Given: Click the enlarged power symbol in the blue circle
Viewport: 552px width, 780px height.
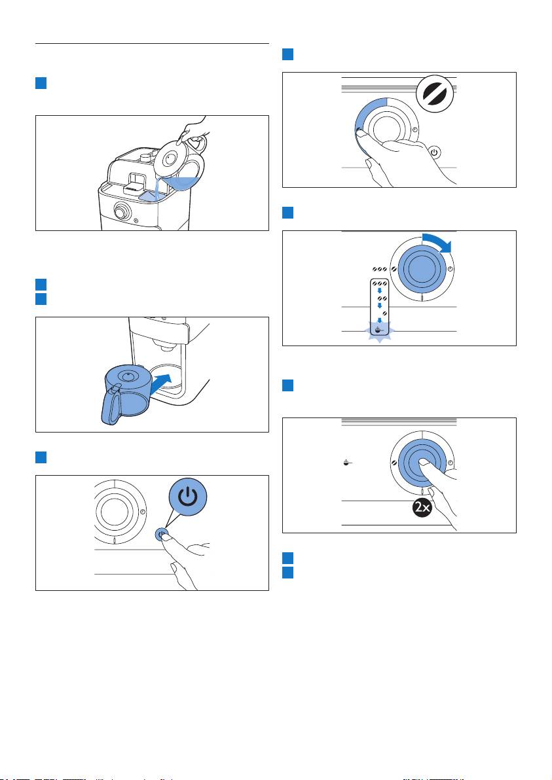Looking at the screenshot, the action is point(188,497).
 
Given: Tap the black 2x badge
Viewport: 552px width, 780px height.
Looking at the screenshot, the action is point(422,507).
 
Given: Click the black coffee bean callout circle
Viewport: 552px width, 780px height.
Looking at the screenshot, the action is point(435,94).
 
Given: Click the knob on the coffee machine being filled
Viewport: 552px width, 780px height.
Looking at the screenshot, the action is point(121,212).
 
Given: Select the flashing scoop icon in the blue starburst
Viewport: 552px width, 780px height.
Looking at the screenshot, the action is point(380,330).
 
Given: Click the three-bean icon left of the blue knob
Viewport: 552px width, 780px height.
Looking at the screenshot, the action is point(379,269).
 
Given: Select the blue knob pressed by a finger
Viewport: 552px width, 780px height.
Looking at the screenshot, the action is point(422,462).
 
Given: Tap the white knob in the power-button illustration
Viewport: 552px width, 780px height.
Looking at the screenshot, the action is point(114,512).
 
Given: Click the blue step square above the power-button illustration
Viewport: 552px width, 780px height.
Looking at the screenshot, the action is point(41,457).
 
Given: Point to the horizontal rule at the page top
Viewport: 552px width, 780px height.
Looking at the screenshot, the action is point(152,43).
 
